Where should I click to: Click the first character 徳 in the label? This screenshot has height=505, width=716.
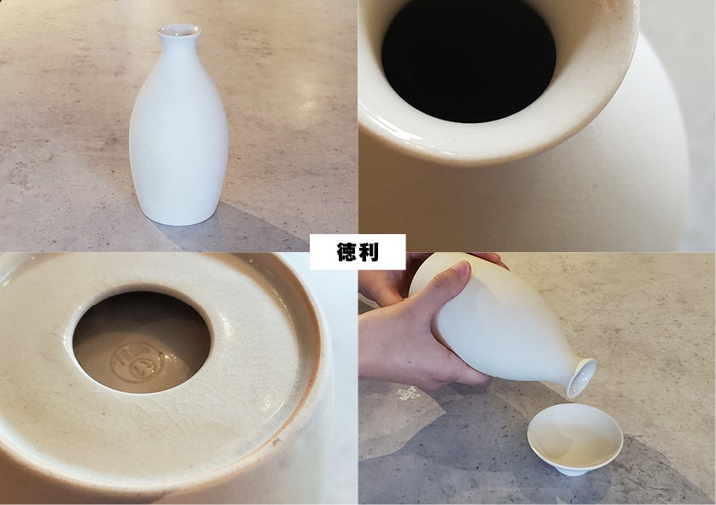(346, 252)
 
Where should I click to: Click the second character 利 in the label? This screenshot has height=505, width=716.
(369, 252)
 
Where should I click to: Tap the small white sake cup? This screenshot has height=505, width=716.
(575, 438)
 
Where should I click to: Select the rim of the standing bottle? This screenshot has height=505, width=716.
(179, 31)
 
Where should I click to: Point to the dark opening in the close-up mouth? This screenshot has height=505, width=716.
(469, 60)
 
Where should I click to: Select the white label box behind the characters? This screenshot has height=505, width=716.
(358, 252)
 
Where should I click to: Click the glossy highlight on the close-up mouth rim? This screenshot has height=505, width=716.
(402, 129)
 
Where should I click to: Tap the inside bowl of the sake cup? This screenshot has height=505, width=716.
(575, 432)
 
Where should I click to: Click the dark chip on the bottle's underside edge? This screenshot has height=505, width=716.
(276, 442)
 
